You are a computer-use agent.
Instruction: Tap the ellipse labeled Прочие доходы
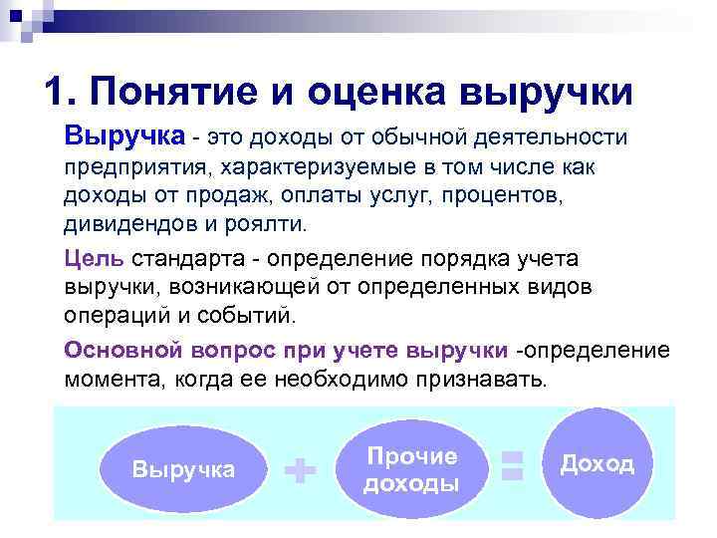coord(411,469)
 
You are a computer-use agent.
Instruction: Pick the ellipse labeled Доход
coord(597,464)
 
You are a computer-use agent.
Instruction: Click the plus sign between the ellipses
coord(301,470)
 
